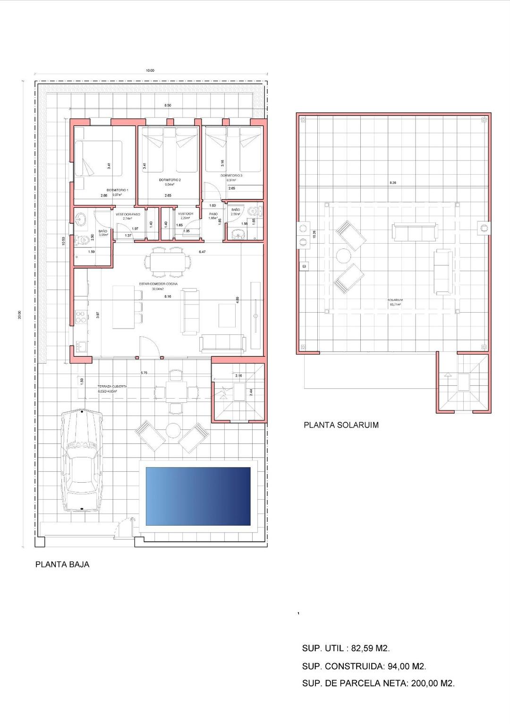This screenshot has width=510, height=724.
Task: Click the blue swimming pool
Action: click(x=198, y=496)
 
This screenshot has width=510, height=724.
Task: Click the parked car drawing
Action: click(x=82, y=460)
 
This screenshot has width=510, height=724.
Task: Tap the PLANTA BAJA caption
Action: click(x=62, y=564)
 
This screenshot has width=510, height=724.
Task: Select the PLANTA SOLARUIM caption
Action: click(x=341, y=425)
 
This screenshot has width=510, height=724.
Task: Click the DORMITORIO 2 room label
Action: click(x=170, y=180)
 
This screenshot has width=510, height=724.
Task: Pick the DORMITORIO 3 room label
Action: click(x=231, y=175)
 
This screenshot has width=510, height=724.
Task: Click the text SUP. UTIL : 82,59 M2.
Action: click(x=346, y=648)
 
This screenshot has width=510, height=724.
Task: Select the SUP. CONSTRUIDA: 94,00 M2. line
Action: click(x=364, y=666)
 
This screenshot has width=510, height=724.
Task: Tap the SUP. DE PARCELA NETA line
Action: click(x=378, y=683)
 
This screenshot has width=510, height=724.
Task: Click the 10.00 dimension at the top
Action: click(x=150, y=70)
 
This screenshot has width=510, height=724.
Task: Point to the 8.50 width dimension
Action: click(x=168, y=105)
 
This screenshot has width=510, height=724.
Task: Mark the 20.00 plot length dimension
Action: click(x=19, y=315)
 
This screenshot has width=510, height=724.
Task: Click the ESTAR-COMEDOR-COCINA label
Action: click(x=158, y=284)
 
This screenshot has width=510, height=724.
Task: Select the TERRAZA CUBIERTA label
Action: click(x=112, y=386)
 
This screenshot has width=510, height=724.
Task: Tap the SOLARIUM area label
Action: click(x=395, y=300)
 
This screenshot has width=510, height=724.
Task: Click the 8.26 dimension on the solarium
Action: click(x=392, y=183)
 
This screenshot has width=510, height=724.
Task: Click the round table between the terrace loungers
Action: click(x=173, y=430)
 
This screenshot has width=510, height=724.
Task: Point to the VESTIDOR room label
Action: click(x=186, y=214)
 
